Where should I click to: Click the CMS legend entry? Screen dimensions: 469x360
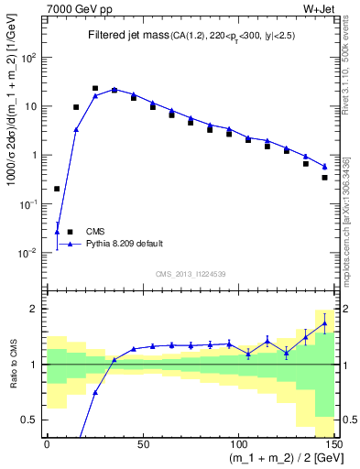pos(96,232)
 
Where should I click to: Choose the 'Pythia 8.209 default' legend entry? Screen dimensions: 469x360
pos(125,244)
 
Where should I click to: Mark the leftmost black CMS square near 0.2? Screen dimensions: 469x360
pos(58,189)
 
